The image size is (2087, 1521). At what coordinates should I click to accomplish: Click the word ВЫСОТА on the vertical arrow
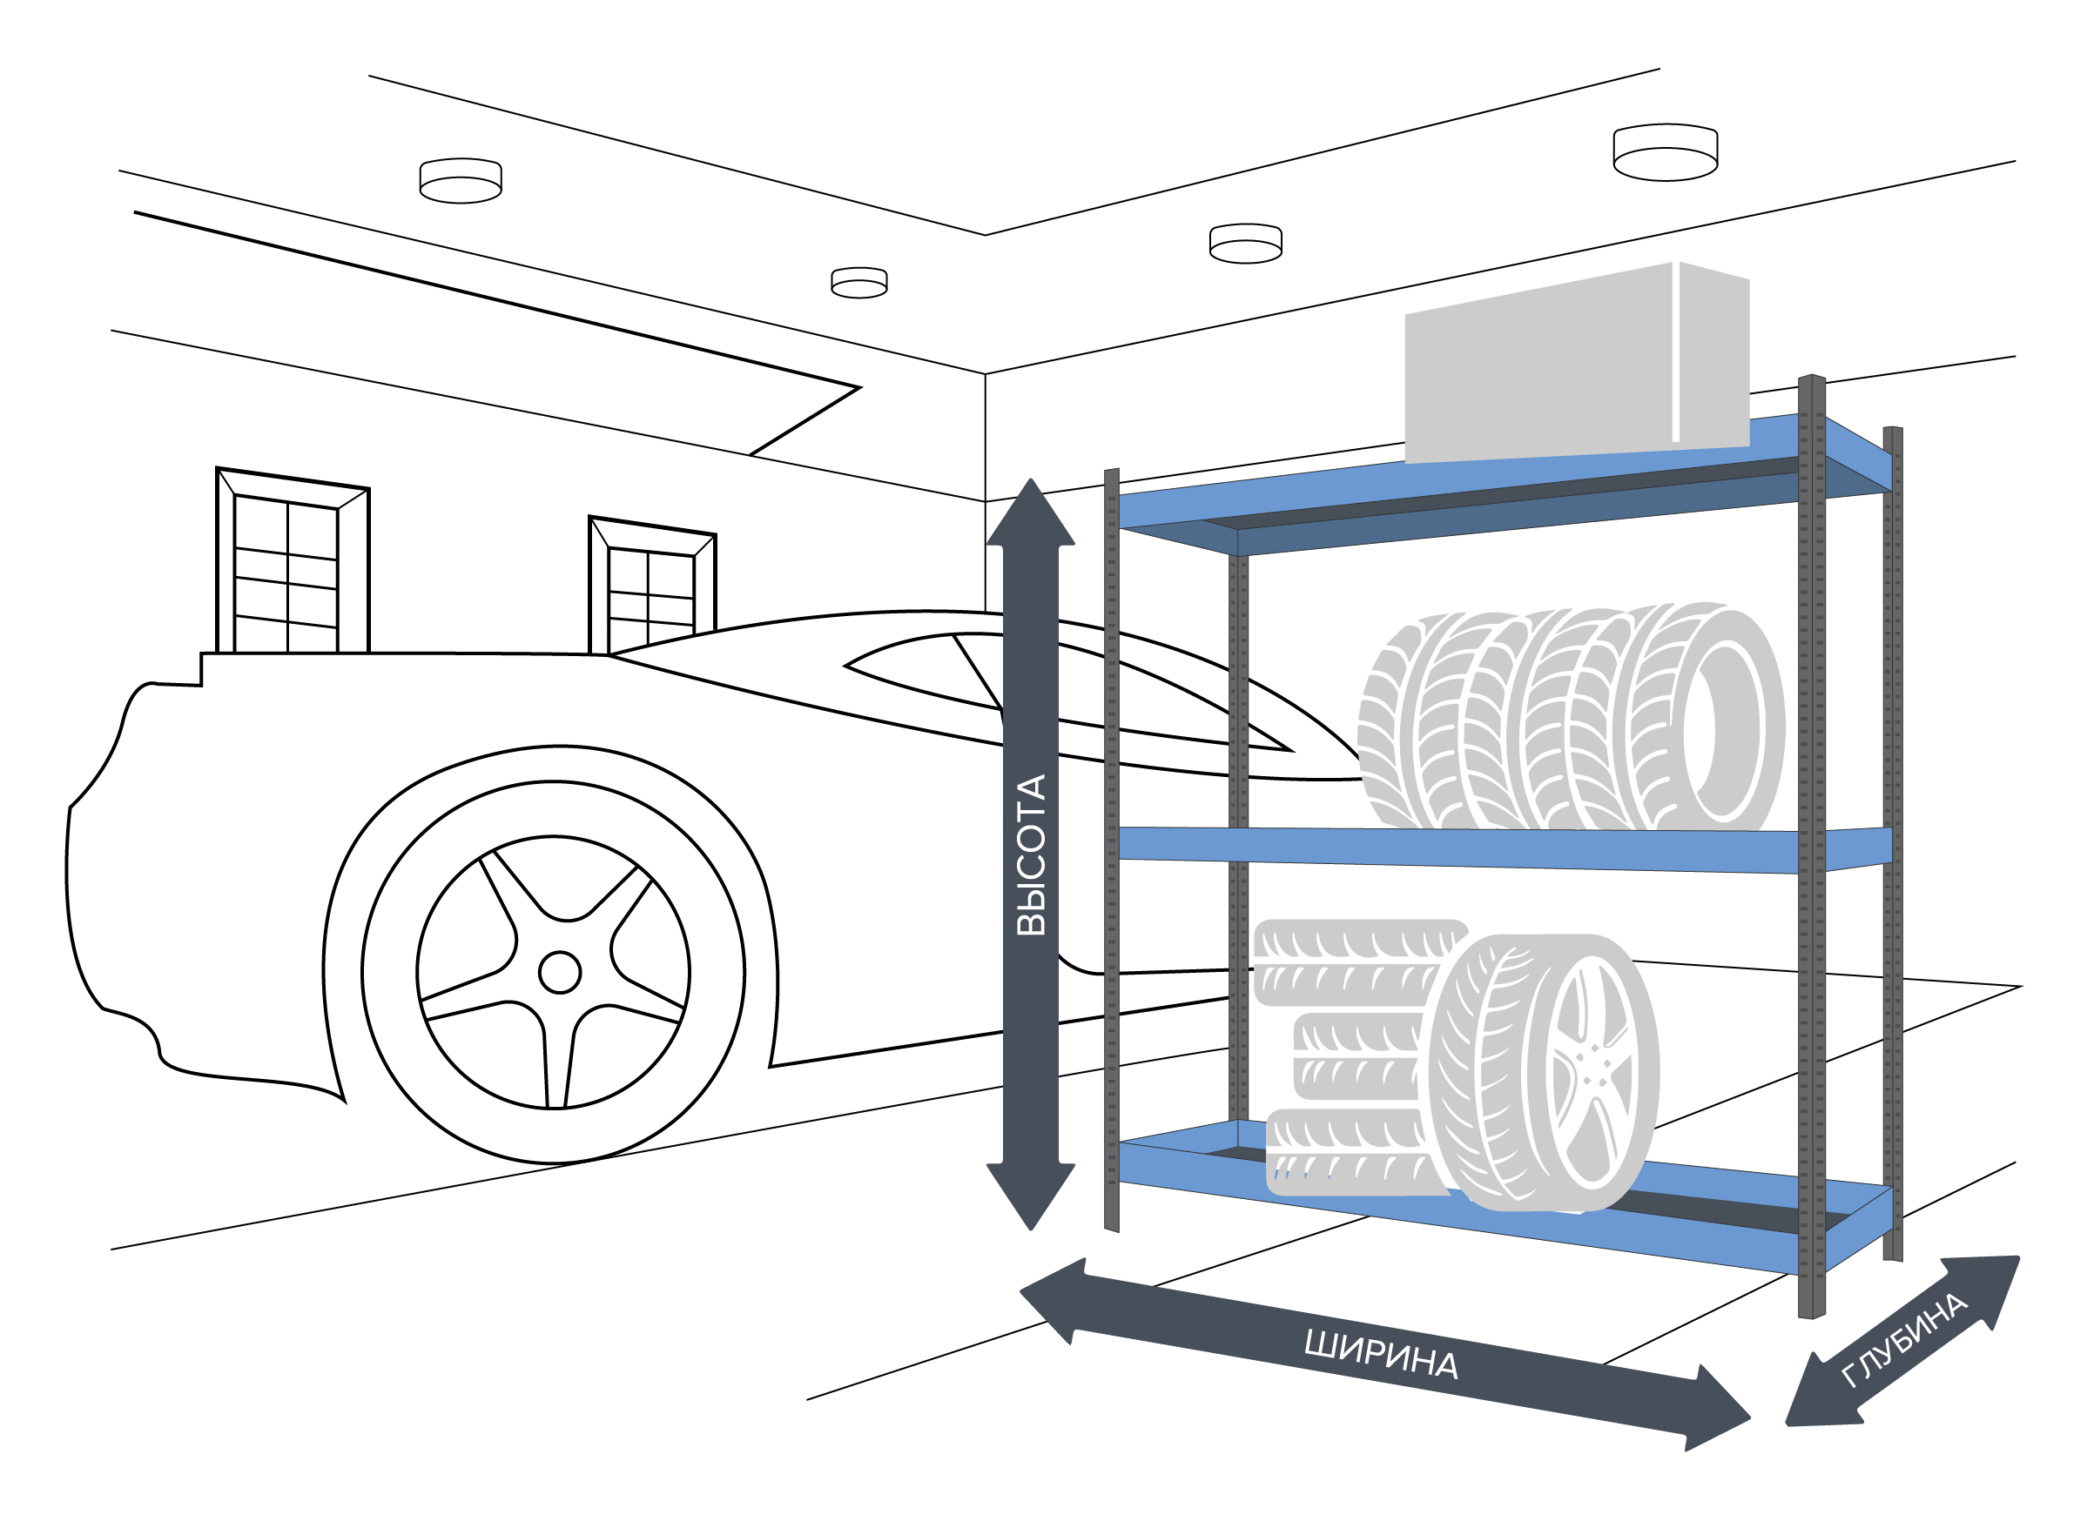[1032, 855]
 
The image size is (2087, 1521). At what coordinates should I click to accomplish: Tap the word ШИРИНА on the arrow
[1382, 1354]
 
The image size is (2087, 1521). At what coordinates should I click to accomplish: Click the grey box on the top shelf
[1577, 363]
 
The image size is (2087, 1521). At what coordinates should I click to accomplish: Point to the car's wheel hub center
[559, 973]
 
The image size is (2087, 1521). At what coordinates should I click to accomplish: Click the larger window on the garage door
[293, 561]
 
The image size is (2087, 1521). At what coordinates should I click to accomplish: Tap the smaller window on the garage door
[652, 586]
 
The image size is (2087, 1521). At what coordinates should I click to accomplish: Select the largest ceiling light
[1666, 152]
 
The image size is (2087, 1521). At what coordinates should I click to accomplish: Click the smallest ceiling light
[858, 283]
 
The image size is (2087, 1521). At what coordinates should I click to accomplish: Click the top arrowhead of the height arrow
[1031, 512]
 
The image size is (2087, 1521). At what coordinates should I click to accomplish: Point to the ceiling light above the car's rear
[461, 180]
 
